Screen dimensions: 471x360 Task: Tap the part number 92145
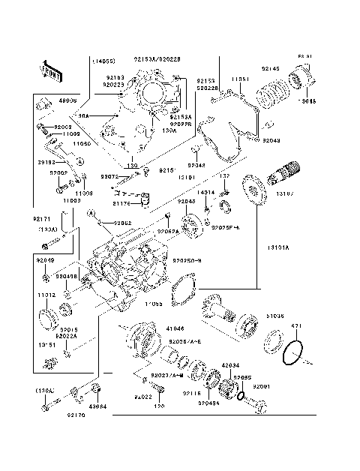[270, 69]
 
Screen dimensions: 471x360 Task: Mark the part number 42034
[231, 365]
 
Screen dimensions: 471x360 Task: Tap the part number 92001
[261, 385]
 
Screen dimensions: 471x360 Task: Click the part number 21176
[122, 202]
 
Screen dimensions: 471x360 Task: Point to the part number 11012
[46, 295]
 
